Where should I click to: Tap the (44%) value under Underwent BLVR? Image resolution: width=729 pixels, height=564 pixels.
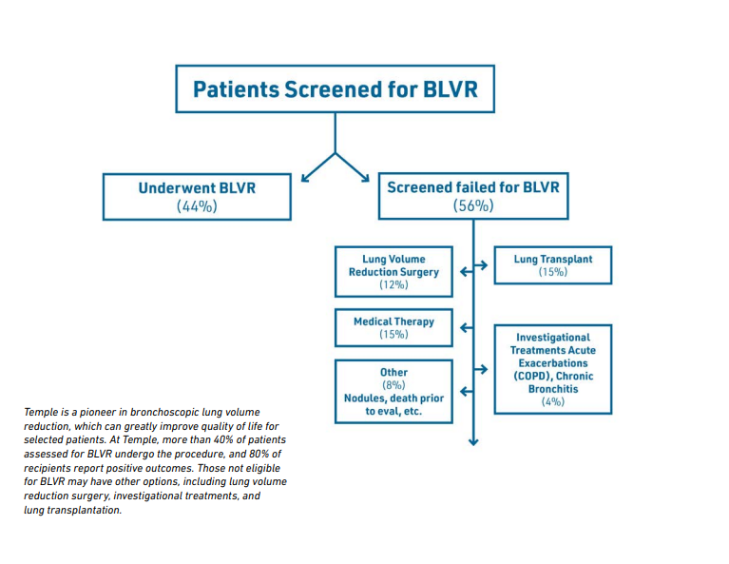(197, 206)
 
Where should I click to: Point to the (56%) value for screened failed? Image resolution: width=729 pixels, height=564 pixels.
(473, 205)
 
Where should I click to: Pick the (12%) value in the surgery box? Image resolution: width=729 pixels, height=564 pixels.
(393, 284)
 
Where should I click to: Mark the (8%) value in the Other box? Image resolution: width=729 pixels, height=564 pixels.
(393, 385)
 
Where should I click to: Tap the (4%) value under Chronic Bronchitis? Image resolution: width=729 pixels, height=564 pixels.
(553, 401)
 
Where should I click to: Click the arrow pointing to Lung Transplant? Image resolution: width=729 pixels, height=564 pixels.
(481, 265)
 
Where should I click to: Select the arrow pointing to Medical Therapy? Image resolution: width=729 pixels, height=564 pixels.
(467, 327)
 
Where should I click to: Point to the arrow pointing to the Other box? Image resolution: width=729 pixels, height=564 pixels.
(467, 391)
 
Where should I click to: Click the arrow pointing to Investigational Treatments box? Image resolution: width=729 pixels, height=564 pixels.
(481, 369)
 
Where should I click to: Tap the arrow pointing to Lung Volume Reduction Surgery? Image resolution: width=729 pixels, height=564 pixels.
(467, 272)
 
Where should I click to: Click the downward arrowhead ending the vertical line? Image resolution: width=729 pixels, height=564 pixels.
(473, 441)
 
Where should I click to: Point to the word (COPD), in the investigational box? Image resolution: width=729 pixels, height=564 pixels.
(533, 376)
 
